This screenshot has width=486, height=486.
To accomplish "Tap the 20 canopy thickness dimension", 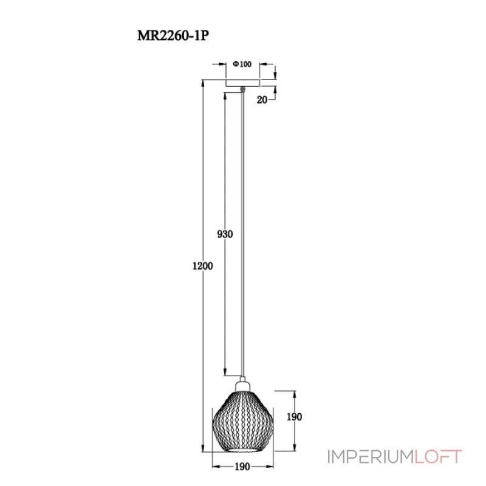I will [x=262, y=100].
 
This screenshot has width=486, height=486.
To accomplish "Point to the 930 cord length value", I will [x=225, y=234].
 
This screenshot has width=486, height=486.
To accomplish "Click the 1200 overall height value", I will [x=202, y=265].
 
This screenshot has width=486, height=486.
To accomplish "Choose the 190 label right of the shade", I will [x=294, y=417].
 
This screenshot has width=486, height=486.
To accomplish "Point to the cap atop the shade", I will [x=243, y=384].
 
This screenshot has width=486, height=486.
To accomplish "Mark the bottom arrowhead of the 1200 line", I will [x=202, y=449].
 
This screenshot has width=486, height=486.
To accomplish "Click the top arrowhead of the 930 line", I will [x=225, y=95].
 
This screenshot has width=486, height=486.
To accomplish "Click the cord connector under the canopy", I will [x=243, y=91].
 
